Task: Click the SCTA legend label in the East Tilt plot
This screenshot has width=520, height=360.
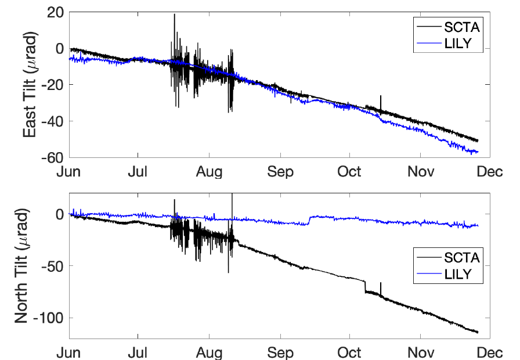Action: [461, 27]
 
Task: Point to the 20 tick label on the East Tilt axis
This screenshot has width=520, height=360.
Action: [54, 12]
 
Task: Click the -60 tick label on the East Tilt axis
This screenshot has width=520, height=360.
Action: [51, 157]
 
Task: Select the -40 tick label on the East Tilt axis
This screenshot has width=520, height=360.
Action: [51, 121]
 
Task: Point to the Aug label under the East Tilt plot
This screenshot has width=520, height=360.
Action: [209, 172]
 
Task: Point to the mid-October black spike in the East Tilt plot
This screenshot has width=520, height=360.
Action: [381, 96]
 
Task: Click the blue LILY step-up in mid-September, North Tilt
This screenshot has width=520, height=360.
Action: [309, 220]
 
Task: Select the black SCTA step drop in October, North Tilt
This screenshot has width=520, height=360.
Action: [365, 286]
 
